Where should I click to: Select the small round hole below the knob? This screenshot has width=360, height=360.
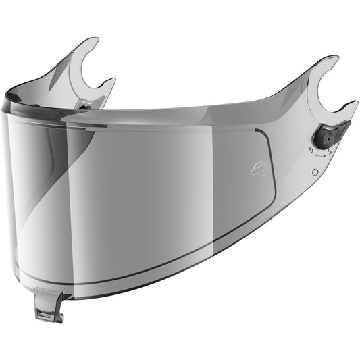click(x=315, y=172)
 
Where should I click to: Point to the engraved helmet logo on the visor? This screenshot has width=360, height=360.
click(x=258, y=169)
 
